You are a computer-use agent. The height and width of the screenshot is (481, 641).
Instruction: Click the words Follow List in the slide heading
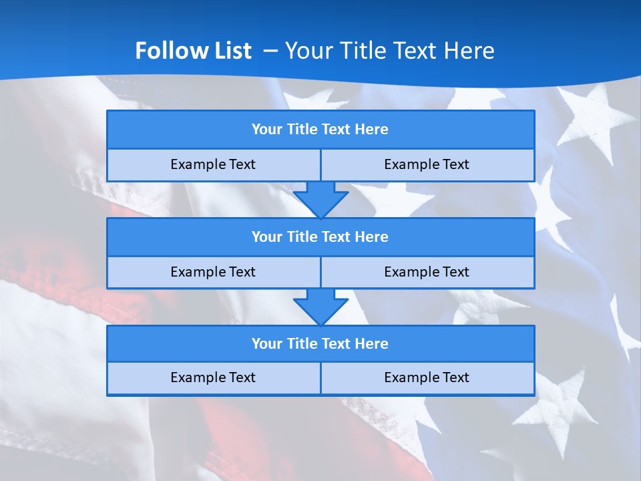pos(193,51)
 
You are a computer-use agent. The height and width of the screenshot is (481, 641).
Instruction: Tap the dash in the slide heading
pos(271,50)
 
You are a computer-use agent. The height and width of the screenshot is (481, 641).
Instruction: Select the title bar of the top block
pos(320,130)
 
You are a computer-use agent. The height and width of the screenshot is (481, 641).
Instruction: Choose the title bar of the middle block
pos(320,237)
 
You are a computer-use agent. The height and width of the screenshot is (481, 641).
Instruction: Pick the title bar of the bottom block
pos(320,344)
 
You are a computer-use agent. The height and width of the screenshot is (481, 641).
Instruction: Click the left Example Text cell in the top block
pos(213,165)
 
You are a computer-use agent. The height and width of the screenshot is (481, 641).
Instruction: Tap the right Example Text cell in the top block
pos(427,165)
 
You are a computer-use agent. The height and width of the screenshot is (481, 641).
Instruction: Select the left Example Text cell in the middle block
pos(213,273)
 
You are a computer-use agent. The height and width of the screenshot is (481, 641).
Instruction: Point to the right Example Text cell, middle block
pos(427,273)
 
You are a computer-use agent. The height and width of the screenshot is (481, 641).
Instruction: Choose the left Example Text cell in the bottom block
pos(213,378)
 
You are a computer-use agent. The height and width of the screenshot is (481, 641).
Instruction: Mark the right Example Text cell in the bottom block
pos(427,378)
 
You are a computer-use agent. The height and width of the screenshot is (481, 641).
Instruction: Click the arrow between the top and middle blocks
pos(320,199)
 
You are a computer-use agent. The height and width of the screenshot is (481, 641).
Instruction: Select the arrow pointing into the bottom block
pos(320,307)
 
